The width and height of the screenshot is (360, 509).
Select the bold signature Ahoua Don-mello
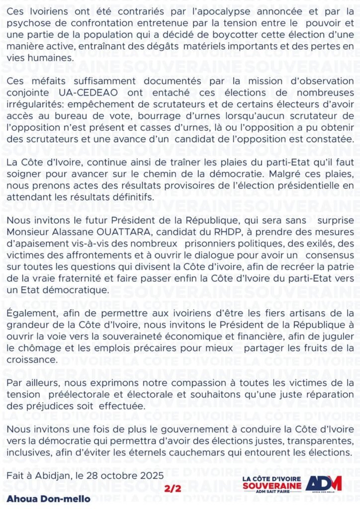(x=49, y=498)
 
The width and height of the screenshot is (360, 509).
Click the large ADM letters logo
(x=323, y=483)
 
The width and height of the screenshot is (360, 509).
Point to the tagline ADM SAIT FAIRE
(x=271, y=492)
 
